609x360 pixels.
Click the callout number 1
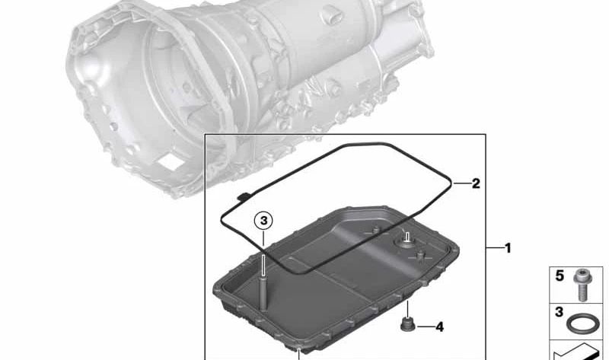(x=508, y=248)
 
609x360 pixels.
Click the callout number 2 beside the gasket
(x=475, y=183)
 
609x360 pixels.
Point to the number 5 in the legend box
(x=560, y=276)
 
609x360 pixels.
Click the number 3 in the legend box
(x=560, y=313)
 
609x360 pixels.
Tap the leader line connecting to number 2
(x=460, y=183)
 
